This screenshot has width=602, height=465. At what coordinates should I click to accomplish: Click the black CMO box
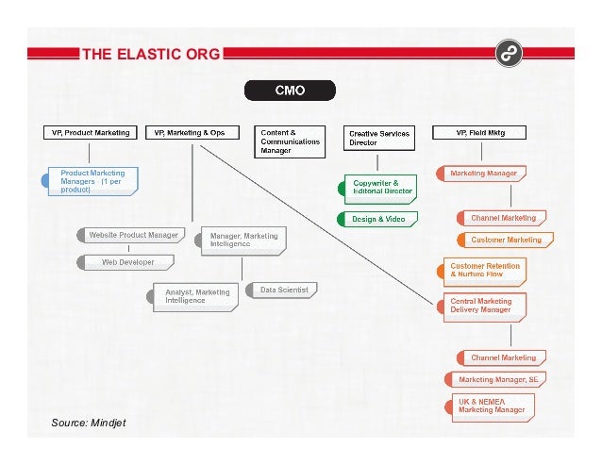click(x=289, y=91)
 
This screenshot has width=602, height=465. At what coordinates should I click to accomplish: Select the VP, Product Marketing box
click(x=91, y=133)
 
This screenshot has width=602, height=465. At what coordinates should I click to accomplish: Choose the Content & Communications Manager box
click(x=288, y=141)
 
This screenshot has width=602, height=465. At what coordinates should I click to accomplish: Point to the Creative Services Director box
click(x=378, y=139)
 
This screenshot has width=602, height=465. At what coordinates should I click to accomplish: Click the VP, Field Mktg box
click(x=480, y=133)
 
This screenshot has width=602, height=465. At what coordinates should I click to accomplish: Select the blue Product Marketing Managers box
click(x=94, y=180)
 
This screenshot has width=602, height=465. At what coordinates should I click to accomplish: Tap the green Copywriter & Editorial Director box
click(x=381, y=187)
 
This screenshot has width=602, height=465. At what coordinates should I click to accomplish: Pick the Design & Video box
click(x=379, y=219)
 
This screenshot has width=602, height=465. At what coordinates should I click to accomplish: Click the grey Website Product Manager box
click(x=131, y=234)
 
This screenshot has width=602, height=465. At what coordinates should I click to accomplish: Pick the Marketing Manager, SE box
click(x=497, y=379)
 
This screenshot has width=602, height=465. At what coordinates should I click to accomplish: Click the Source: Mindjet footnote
click(x=89, y=423)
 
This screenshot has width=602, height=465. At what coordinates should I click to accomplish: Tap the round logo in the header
click(x=508, y=51)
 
